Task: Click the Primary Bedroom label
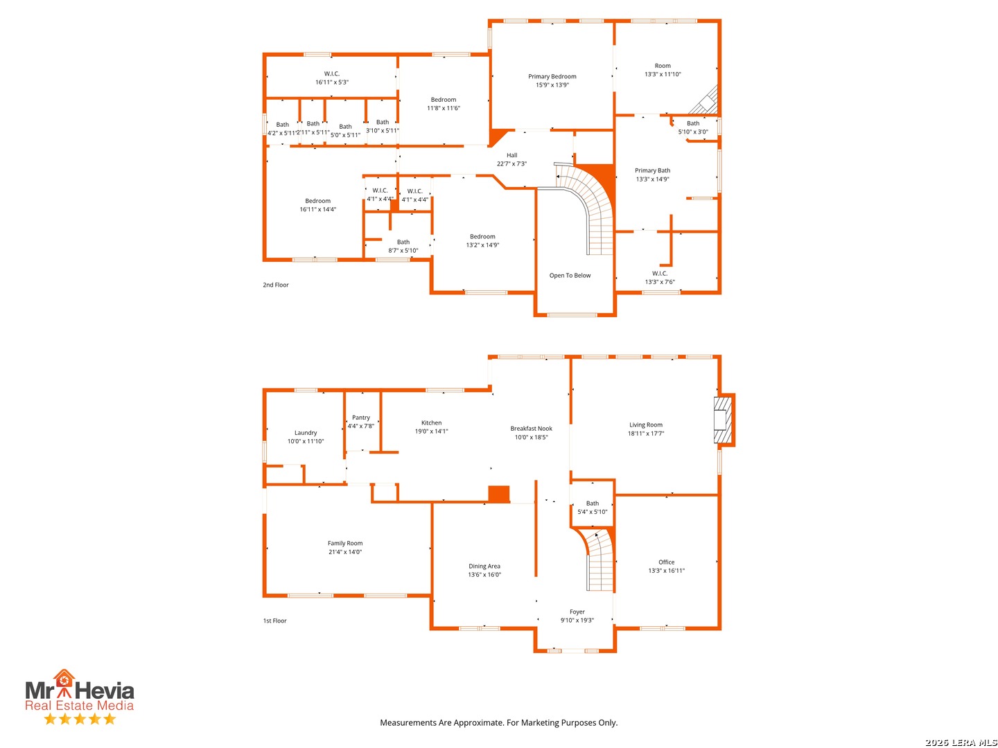(x=552, y=76)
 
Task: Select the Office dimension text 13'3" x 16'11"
(x=665, y=570)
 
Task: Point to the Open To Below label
(x=569, y=275)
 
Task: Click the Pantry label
(x=360, y=418)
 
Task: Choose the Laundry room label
(x=305, y=432)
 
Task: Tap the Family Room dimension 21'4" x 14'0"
(x=344, y=551)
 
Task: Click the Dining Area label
(x=484, y=566)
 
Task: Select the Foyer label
(x=577, y=612)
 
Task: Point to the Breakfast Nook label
(x=531, y=428)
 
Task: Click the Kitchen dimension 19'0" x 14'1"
(x=430, y=431)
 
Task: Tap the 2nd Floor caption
(x=275, y=285)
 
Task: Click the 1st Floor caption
(x=274, y=621)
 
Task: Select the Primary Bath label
(x=652, y=170)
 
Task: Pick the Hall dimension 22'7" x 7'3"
(x=511, y=163)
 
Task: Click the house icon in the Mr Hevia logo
(x=64, y=679)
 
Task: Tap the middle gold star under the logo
(x=80, y=718)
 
